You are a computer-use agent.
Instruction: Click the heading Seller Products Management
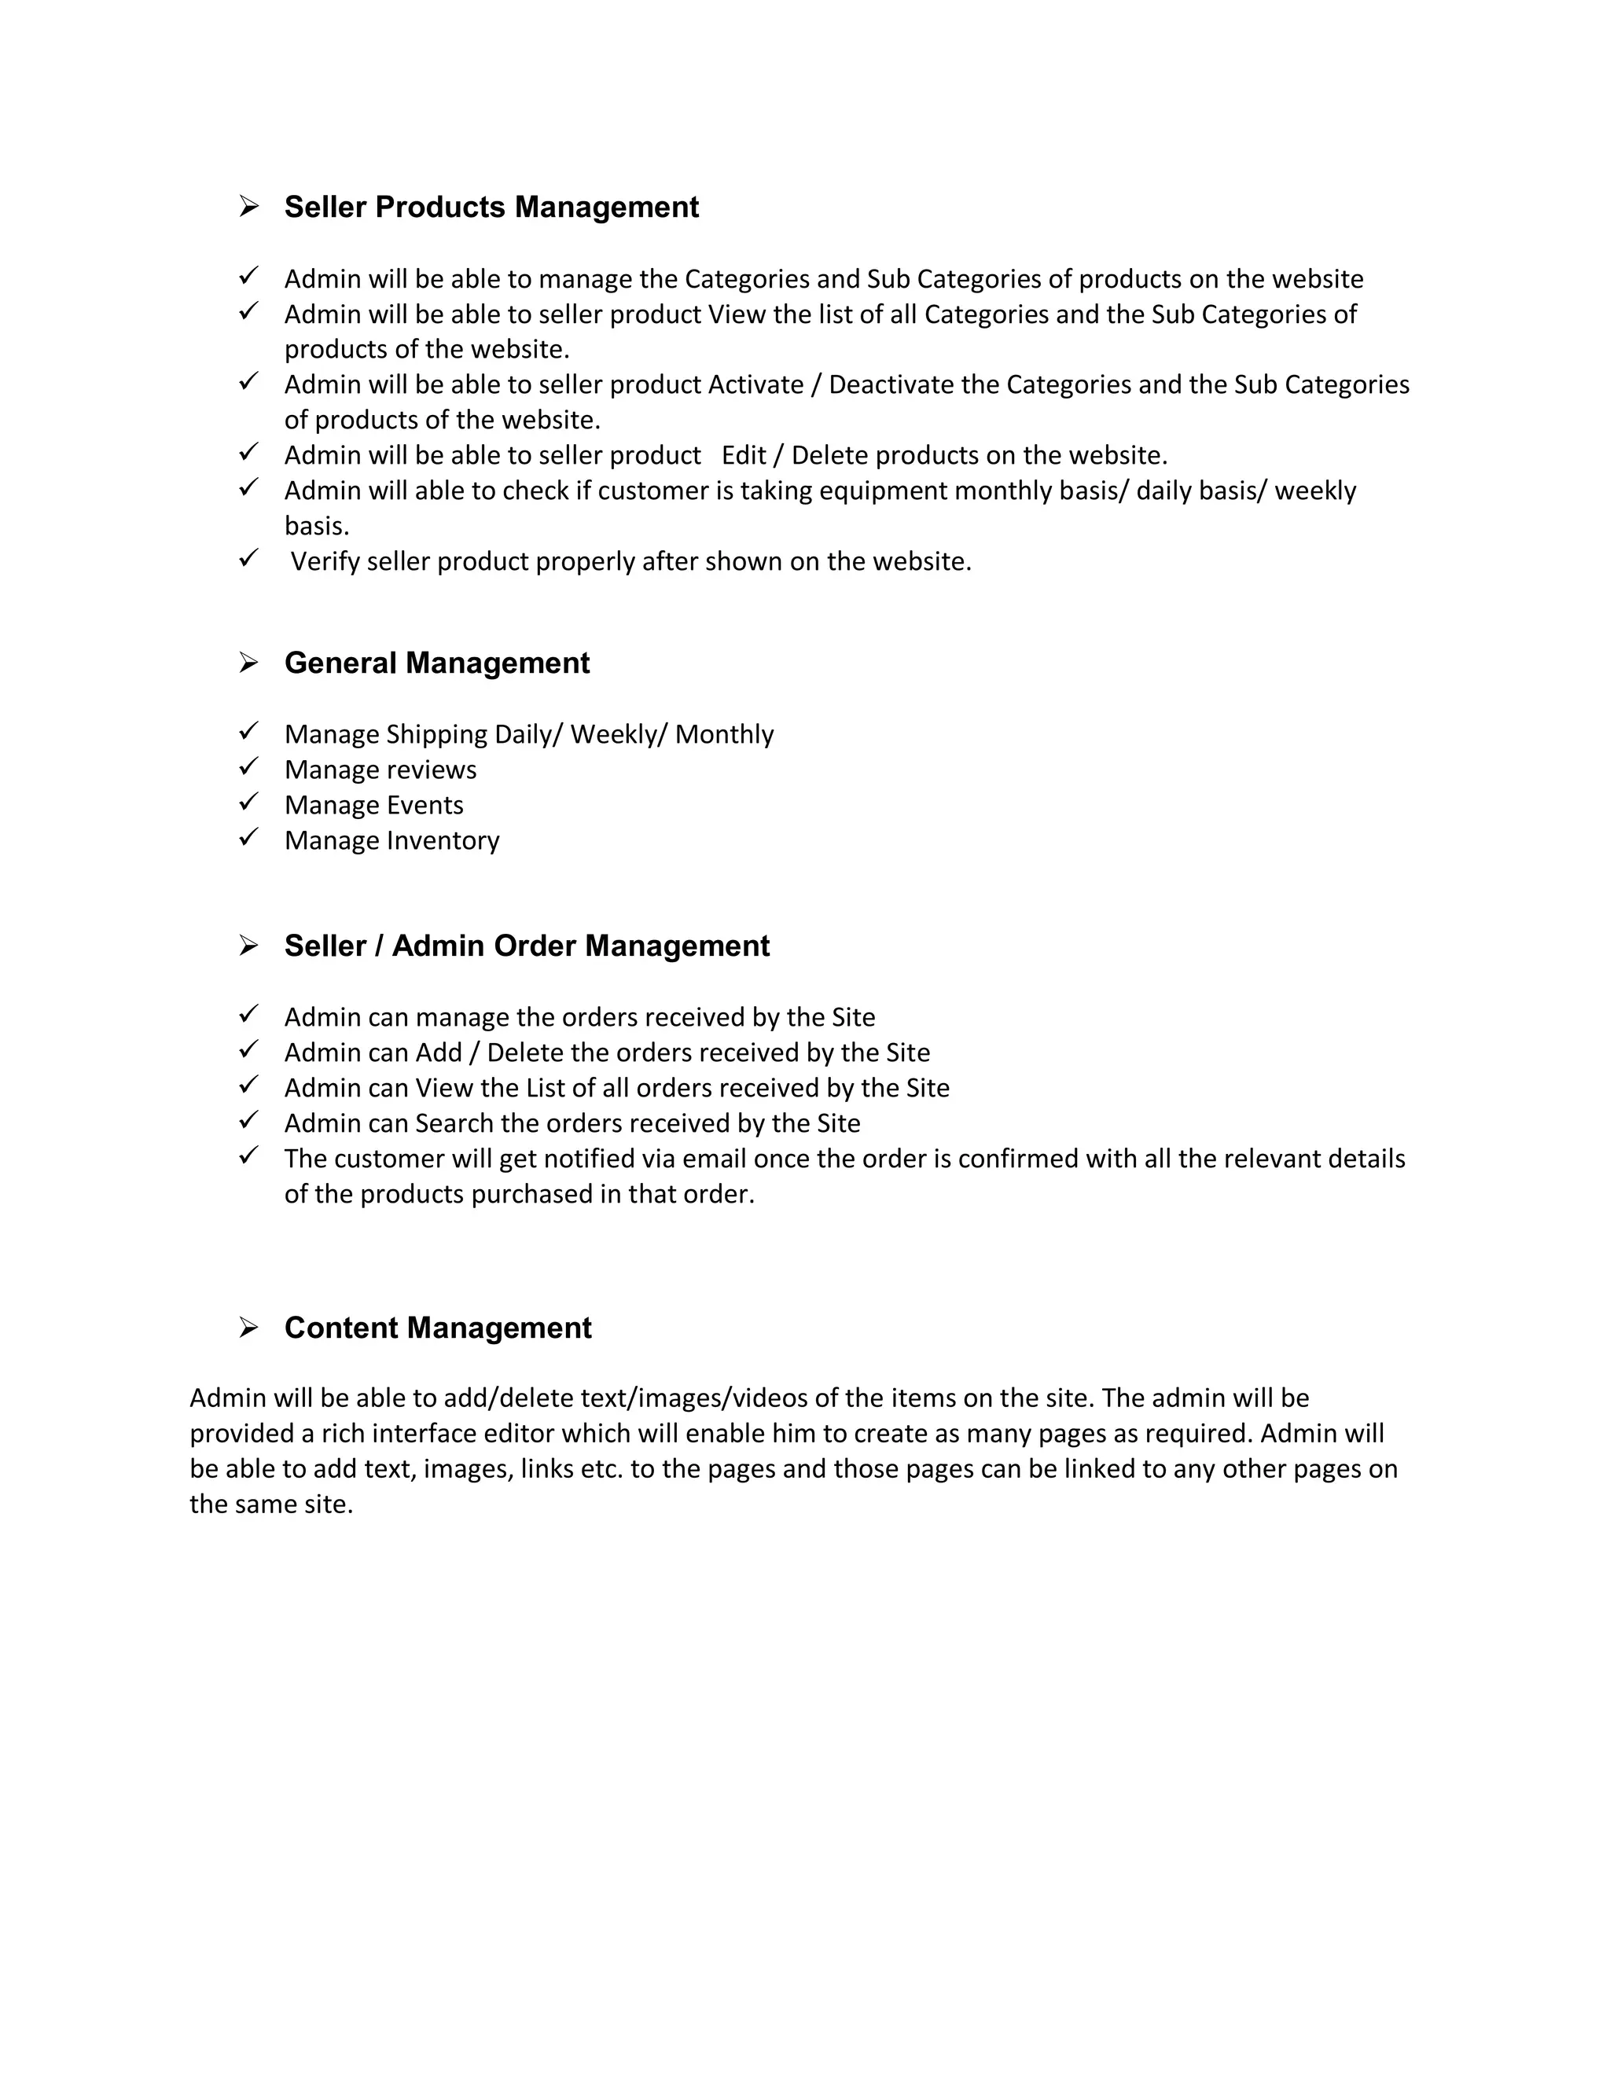(x=491, y=207)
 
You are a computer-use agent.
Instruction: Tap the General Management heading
(x=437, y=663)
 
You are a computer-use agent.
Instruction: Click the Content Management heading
(x=438, y=1328)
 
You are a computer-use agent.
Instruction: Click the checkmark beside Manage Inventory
(x=249, y=837)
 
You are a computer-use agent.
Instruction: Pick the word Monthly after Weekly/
(x=724, y=734)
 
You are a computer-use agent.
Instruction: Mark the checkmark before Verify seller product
(x=249, y=558)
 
